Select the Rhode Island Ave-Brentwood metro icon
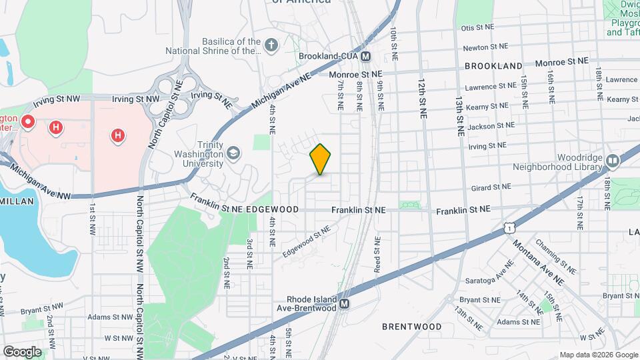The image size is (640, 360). (x=344, y=304)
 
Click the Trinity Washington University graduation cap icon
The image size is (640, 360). (x=233, y=154)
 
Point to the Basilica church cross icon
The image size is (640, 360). (x=271, y=45)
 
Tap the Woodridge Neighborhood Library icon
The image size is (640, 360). (x=612, y=160)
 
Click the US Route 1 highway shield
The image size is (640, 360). (x=509, y=228)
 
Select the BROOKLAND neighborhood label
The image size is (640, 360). (x=493, y=67)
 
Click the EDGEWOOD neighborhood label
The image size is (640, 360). (x=272, y=209)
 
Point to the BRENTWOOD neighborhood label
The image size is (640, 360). (x=411, y=327)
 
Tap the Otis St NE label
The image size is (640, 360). (x=477, y=27)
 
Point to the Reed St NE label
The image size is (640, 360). (x=377, y=254)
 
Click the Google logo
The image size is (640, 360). (x=22, y=351)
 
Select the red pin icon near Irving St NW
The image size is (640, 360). (x=28, y=122)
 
